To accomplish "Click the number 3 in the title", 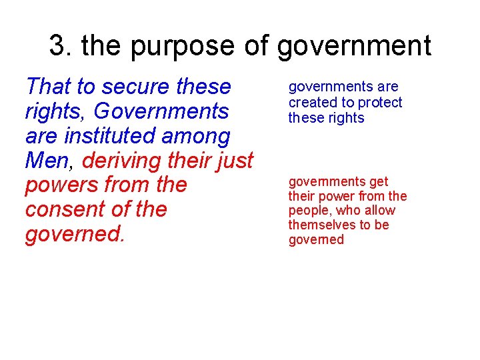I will [x=58, y=45].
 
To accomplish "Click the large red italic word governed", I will [x=73, y=235].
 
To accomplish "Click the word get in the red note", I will [x=378, y=182].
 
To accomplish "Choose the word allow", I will [x=380, y=211].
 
